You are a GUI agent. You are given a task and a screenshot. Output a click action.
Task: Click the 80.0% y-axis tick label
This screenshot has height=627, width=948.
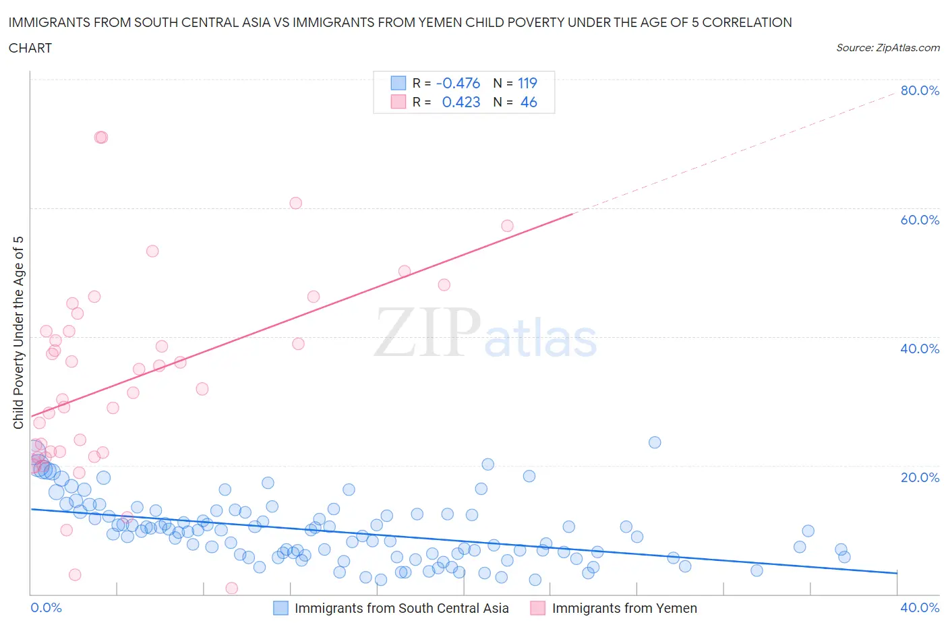point(920,90)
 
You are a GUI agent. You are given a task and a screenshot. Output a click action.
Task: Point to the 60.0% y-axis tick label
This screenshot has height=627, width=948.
point(920,220)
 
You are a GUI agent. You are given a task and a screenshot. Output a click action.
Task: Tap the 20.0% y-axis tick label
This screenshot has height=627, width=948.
point(920,477)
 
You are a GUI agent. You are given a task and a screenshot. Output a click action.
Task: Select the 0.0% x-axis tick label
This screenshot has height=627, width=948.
point(46,607)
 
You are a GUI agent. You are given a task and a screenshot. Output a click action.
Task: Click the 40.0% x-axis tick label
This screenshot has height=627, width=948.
point(920,607)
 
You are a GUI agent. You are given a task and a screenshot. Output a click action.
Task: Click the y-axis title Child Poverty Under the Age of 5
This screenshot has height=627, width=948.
point(18,332)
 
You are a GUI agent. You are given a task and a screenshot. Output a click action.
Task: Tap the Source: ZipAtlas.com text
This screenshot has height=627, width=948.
point(887,47)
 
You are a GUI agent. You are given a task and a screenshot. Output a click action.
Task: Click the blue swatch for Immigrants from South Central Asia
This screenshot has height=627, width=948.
point(280,608)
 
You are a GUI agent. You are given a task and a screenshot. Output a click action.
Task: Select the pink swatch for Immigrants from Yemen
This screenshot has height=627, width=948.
point(537,608)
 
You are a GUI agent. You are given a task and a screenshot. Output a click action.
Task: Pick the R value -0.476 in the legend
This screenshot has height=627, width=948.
point(458,83)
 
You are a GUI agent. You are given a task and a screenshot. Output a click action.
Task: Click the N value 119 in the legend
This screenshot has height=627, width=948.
point(527,83)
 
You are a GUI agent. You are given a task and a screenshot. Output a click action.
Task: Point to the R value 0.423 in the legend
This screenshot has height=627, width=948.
point(461,102)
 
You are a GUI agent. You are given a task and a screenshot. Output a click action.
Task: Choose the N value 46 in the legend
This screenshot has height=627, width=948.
point(529,102)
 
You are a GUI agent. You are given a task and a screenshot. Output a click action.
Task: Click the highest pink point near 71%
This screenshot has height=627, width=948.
point(101,138)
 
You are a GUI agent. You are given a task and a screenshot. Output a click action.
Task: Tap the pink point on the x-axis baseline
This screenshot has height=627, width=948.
point(231,588)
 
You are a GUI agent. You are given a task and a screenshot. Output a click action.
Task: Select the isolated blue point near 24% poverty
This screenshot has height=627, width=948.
point(654,442)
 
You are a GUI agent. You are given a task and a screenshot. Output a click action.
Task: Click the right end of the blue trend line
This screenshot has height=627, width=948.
point(897,573)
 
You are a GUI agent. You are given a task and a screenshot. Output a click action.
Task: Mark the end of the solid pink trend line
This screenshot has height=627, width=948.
point(572,214)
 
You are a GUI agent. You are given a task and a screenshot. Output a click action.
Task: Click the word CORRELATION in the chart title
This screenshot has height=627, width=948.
point(747,22)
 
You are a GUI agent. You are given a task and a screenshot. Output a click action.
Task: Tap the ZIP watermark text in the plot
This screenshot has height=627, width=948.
point(427,332)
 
